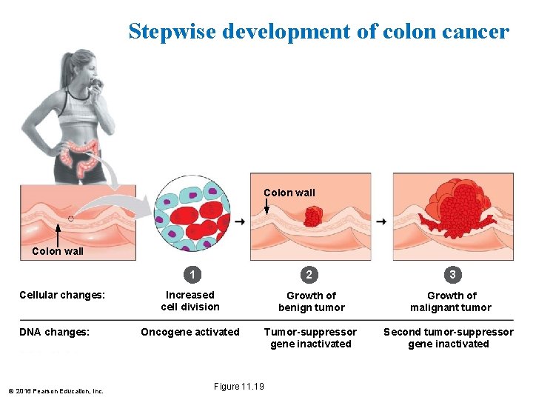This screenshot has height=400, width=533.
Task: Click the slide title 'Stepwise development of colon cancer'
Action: click(x=319, y=32)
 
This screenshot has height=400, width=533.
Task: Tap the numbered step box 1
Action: click(x=192, y=275)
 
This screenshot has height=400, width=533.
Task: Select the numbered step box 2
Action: click(x=309, y=275)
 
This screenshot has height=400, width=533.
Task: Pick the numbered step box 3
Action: click(x=452, y=275)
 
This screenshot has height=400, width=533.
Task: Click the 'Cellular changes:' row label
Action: click(x=62, y=296)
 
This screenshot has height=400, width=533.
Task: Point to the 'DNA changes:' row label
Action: click(x=54, y=333)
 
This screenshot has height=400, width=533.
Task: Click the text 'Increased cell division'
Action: click(x=190, y=301)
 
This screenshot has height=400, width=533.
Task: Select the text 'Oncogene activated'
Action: click(x=190, y=332)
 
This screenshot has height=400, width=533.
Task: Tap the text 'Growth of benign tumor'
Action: click(x=311, y=301)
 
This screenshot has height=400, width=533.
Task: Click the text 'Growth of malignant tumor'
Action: click(x=451, y=301)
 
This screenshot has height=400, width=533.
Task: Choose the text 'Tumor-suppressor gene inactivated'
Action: click(x=311, y=338)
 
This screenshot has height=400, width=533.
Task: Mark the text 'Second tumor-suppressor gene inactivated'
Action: click(x=448, y=338)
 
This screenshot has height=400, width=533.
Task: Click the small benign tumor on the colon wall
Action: click(x=313, y=216)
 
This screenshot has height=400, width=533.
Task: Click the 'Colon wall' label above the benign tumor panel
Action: click(x=289, y=193)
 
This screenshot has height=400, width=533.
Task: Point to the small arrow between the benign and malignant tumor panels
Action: click(x=381, y=221)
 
